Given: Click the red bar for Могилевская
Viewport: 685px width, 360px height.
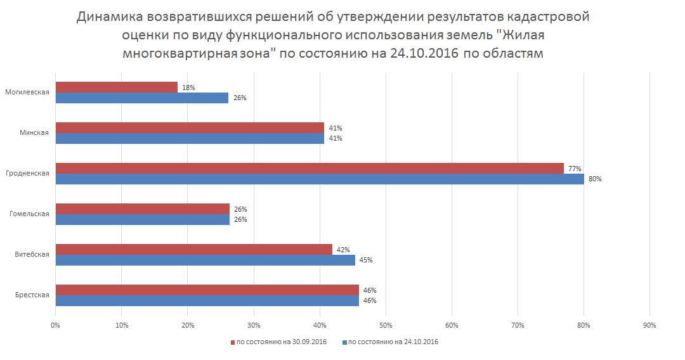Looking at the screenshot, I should pos(116,87).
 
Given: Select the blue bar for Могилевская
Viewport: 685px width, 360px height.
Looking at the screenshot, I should pos(141,98).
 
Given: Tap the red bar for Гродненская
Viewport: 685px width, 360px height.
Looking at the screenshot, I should pos(310,169).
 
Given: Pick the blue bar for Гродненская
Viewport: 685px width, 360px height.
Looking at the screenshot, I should pos(320,179).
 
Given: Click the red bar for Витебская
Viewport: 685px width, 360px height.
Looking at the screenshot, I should pos(193,250).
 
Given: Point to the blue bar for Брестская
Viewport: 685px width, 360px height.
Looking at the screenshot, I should pos(207,300).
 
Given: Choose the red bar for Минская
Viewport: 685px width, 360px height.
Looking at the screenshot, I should pos(190,128).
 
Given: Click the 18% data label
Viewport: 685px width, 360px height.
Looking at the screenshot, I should pos(188,87).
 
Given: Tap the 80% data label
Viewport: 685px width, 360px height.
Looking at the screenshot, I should pos(595,179).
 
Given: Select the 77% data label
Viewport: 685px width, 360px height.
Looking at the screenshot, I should pos(575,169).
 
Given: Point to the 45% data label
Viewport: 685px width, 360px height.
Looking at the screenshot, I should pos(366,260).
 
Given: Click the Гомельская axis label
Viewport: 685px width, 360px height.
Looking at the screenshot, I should pos(30,214).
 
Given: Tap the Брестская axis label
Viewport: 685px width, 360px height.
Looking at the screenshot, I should pos(32,295).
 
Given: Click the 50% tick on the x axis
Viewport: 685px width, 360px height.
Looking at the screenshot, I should pos(386,325).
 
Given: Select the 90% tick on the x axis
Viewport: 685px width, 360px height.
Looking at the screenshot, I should pos(649,325).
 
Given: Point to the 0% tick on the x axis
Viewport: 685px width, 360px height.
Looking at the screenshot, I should pos(55,325).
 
